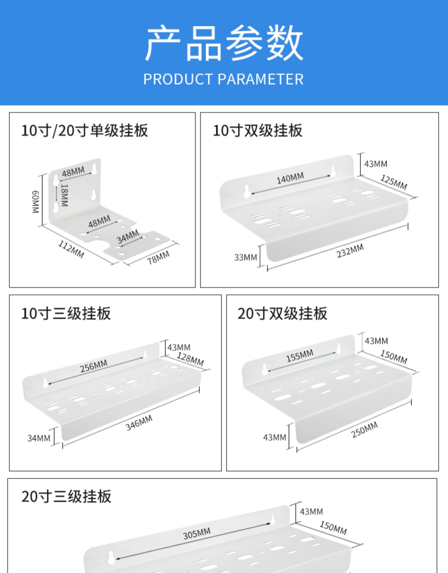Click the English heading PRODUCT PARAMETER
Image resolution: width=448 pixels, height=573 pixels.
(x=223, y=79)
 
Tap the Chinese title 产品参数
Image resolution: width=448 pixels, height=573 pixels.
(x=224, y=43)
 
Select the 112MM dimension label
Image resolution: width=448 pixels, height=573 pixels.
(x=71, y=249)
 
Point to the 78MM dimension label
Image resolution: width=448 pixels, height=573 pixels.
(x=158, y=257)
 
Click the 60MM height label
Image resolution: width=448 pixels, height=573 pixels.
(x=35, y=202)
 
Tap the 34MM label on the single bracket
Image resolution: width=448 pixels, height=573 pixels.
(x=128, y=236)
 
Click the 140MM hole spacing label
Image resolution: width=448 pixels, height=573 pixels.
(x=290, y=178)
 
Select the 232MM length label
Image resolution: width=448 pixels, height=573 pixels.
(x=350, y=251)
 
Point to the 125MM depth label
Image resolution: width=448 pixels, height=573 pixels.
(x=394, y=182)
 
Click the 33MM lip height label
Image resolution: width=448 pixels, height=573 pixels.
(x=246, y=257)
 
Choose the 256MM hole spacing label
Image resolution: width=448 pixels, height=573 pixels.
(x=94, y=366)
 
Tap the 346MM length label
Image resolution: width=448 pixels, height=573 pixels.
(x=139, y=423)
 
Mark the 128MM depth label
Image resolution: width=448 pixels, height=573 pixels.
(x=190, y=359)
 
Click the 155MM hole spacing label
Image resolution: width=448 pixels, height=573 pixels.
(x=300, y=355)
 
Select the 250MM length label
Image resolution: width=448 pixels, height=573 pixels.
(x=364, y=429)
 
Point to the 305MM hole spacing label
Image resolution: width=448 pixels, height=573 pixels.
(x=197, y=533)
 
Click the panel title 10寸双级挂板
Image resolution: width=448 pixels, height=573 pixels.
(x=257, y=131)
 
